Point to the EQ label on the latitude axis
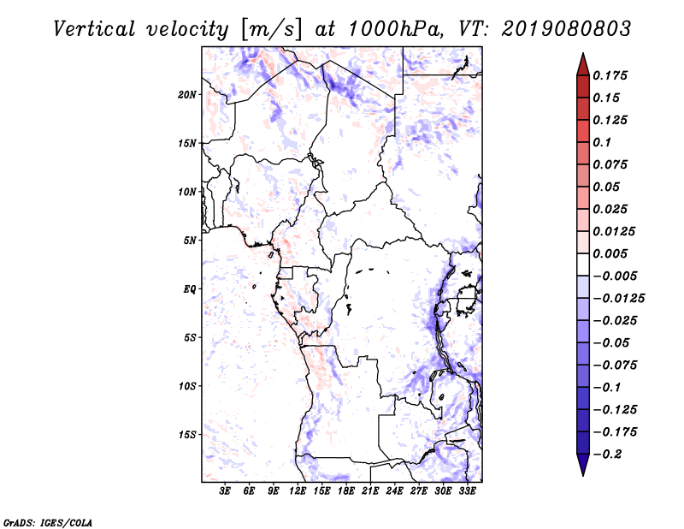[x=190, y=288]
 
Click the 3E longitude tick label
[x=225, y=491]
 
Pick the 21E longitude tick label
[x=370, y=491]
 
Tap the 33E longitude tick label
[x=468, y=491]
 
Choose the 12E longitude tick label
[x=298, y=491]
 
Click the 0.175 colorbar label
[x=611, y=75]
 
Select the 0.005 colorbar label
[x=611, y=254]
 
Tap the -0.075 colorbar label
[x=615, y=366]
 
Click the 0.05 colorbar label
[x=608, y=187]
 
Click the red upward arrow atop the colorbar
[x=582, y=63]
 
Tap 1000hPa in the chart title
[x=392, y=29]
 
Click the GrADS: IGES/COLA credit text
[x=36, y=520]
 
